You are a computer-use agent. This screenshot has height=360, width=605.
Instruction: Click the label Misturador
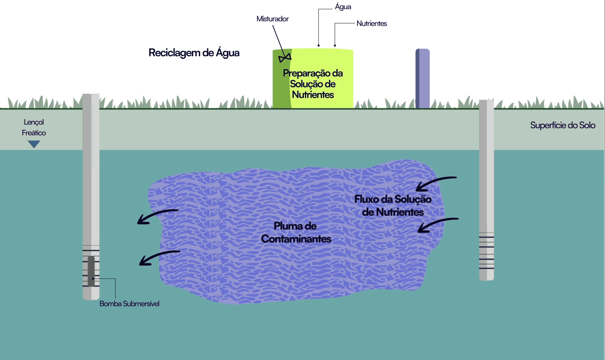coord(273,19)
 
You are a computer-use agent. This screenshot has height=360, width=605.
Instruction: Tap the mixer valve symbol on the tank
coord(284,58)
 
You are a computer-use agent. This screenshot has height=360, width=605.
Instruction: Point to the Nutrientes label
coord(371,23)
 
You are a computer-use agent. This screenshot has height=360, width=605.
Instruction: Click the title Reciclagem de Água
coord(194,53)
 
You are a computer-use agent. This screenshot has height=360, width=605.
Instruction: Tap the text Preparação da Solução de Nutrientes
coord(312,84)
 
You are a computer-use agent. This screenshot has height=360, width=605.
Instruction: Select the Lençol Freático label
coord(34,127)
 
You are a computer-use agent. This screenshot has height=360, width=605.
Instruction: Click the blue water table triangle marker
coord(34,144)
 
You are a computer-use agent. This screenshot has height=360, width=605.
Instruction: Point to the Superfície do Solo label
coord(563,126)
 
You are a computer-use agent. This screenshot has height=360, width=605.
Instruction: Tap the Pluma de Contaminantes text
coord(296,233)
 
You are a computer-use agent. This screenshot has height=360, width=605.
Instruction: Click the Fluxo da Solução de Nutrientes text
coord(393,205)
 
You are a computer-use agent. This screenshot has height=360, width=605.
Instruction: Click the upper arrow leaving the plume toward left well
coord(157,216)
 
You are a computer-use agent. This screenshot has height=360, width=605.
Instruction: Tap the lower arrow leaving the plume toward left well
coord(160,257)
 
